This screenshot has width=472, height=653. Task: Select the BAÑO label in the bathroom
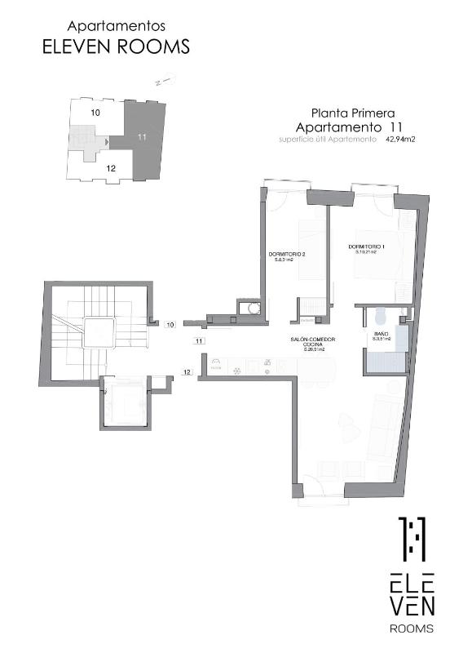tap(381, 335)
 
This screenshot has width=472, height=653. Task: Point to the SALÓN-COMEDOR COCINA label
tap(313, 343)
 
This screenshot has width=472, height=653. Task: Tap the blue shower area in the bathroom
tap(384, 358)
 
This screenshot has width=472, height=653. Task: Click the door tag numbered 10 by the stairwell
tap(170, 325)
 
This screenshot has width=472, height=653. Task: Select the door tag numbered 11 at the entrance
tap(199, 340)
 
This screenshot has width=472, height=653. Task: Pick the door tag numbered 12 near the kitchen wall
tap(187, 372)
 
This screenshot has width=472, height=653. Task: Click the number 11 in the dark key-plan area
tap(142, 137)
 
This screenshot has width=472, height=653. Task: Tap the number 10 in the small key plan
tap(95, 112)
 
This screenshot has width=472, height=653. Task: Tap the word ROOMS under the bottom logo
tap(411, 629)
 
